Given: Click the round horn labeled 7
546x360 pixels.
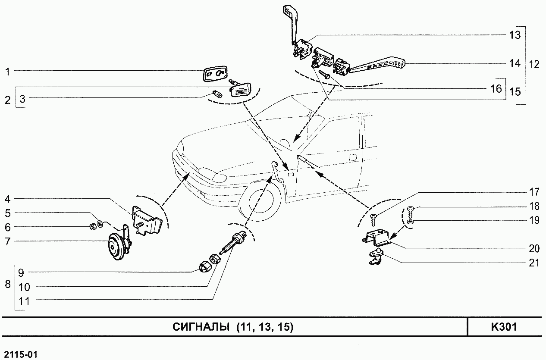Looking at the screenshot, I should click(x=115, y=247).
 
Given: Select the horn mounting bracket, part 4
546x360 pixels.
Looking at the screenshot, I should click(x=147, y=220).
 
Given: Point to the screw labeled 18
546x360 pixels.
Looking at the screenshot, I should click(x=411, y=210).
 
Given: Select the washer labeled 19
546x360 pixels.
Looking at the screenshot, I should click(x=411, y=222).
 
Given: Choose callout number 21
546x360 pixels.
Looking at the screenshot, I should click(x=534, y=262).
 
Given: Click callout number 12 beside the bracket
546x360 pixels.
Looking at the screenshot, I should click(x=534, y=65).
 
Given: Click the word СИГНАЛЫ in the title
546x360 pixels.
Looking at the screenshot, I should click(x=201, y=327).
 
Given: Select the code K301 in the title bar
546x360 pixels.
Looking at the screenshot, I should click(x=504, y=327).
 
